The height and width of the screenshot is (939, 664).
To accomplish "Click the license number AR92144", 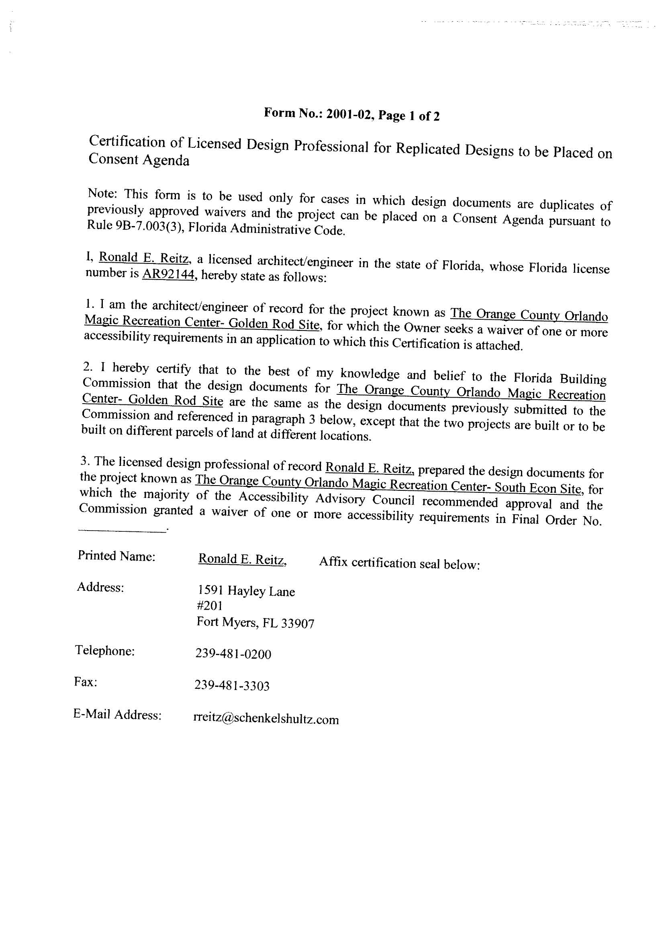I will pyautogui.click(x=168, y=274).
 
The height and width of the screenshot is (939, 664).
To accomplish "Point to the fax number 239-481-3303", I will pyautogui.click(x=232, y=686).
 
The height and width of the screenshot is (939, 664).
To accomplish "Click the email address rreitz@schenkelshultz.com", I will pyautogui.click(x=266, y=719).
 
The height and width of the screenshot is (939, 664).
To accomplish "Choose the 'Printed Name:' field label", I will pyautogui.click(x=116, y=556).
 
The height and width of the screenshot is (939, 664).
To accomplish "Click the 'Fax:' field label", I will pyautogui.click(x=85, y=682).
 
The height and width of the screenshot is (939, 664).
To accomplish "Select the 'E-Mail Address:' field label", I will pyautogui.click(x=117, y=714).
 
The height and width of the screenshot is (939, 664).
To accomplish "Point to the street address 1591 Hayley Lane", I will pyautogui.click(x=246, y=591).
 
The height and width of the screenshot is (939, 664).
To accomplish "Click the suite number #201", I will pyautogui.click(x=209, y=606).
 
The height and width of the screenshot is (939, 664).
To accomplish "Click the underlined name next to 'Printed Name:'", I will pyautogui.click(x=242, y=559).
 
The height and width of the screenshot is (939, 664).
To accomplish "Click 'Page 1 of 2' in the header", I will pyautogui.click(x=409, y=116).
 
